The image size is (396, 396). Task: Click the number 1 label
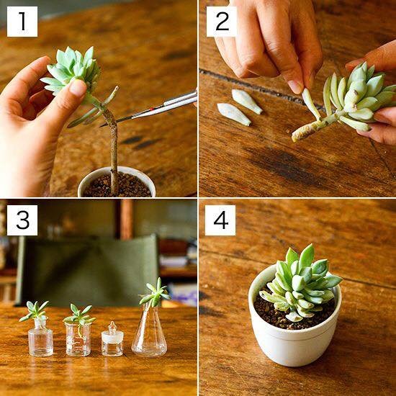[x=22, y=22]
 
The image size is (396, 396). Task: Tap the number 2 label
[x=222, y=22]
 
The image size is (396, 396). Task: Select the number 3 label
[x=22, y=220]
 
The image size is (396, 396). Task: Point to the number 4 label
[x=220, y=220]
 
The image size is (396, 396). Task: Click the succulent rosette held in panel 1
[x=72, y=69]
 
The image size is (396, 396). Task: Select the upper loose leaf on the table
[x=247, y=102]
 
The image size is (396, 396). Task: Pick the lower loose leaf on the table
[x=233, y=114]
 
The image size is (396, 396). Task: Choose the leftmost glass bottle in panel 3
[x=40, y=337]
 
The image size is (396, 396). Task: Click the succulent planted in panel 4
[x=300, y=283]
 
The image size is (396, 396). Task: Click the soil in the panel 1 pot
[x=117, y=186]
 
